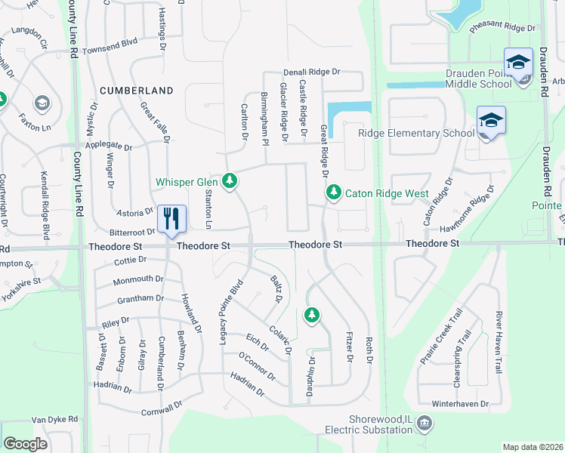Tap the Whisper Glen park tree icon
(229, 181)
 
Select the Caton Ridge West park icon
(333, 193)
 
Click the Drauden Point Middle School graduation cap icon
(519, 63)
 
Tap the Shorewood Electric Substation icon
(425, 423)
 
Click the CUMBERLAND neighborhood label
(136, 91)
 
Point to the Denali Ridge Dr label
(312, 72)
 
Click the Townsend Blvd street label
(110, 48)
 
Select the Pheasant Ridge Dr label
(502, 28)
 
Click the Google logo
(25, 444)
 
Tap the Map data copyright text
(532, 447)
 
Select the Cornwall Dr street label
(162, 408)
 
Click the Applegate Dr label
(109, 145)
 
